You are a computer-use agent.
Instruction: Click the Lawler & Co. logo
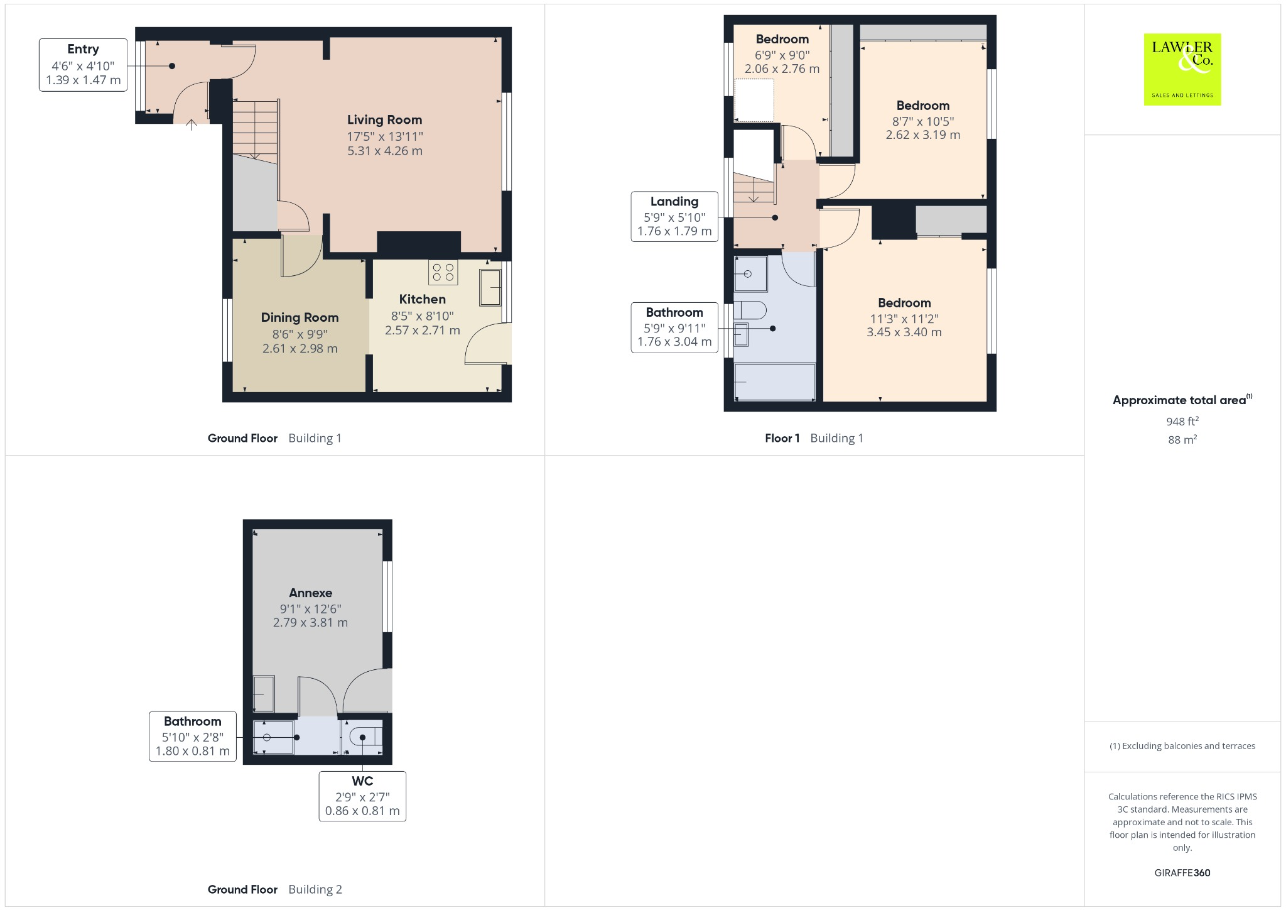(x=1182, y=69)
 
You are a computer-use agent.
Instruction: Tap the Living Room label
(x=384, y=119)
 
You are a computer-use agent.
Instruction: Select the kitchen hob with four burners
(x=443, y=272)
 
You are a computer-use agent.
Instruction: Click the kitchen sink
(x=490, y=287)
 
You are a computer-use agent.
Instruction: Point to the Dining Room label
(x=300, y=317)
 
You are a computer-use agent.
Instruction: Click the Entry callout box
(x=83, y=65)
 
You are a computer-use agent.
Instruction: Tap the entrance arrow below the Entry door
(x=192, y=125)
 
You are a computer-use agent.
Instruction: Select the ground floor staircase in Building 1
(x=255, y=129)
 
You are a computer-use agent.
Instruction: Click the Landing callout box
(x=674, y=217)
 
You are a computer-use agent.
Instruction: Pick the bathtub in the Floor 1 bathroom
(x=774, y=381)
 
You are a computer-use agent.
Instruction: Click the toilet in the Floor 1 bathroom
(x=750, y=310)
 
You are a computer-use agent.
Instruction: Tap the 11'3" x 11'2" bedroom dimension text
(x=904, y=319)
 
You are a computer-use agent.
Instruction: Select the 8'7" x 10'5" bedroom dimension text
(x=923, y=121)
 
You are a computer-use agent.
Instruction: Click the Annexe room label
(x=310, y=593)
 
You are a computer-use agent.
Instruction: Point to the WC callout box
(x=362, y=796)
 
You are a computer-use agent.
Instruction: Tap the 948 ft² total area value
(x=1182, y=421)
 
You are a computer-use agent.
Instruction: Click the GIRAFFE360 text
(x=1182, y=872)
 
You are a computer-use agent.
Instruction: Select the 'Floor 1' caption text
(x=782, y=438)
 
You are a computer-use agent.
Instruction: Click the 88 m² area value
(x=1182, y=439)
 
